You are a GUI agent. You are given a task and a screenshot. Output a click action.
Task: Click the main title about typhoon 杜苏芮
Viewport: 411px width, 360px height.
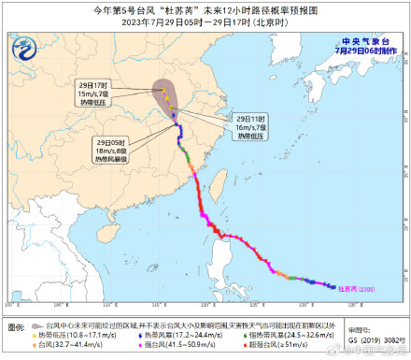tap(205, 11)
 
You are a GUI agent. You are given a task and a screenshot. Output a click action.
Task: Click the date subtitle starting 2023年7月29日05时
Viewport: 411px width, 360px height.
tap(205, 24)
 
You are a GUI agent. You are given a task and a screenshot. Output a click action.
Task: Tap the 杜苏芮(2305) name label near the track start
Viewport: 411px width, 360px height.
tap(354, 288)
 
